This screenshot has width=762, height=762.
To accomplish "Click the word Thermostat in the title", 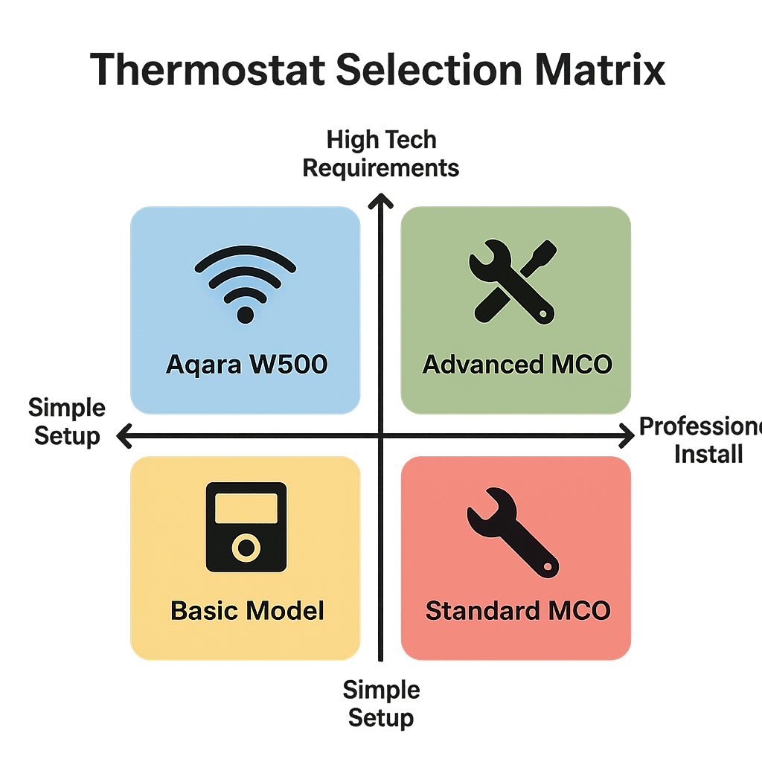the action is pos(208,71).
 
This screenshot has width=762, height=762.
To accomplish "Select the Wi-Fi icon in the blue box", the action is pos(245,283).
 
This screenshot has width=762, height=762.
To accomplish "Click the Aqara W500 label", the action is pos(246,365).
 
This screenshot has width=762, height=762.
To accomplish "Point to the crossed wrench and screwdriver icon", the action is pos(512,283).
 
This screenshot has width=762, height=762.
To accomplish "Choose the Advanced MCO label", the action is pos(517,365).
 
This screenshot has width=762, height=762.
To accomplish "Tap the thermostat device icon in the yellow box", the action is pos(246,527).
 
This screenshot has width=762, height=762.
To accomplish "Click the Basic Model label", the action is pos(247,611).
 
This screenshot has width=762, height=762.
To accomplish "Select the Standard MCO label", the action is pos(518,611).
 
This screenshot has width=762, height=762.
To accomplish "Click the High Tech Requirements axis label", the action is pos(381,154).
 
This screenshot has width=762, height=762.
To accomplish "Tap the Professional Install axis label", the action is pos(703,441).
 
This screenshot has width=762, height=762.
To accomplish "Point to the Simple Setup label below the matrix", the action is pos(381,703).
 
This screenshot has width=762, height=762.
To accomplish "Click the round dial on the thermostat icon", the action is pos(246,548).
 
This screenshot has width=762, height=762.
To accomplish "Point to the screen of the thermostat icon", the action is pos(246,508).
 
